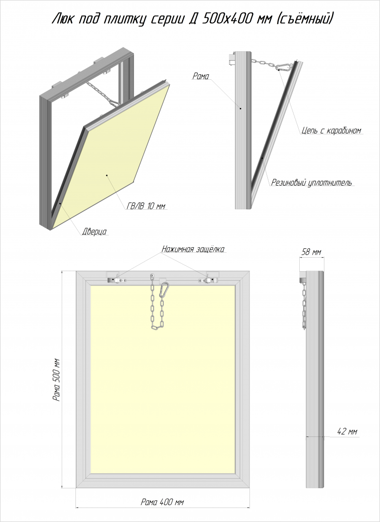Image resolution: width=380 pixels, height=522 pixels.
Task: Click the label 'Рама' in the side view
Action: [x=201, y=76]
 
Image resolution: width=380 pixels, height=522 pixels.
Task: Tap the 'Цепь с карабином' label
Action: [x=331, y=130]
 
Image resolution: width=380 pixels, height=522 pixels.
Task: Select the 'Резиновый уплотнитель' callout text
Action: [x=311, y=182]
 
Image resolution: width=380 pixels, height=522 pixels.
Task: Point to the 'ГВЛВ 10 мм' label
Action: [x=146, y=206]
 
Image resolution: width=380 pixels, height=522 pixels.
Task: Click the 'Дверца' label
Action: [x=94, y=232]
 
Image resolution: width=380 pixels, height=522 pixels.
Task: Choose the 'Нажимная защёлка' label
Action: [x=193, y=249]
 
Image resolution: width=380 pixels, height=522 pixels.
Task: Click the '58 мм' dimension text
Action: [x=311, y=252]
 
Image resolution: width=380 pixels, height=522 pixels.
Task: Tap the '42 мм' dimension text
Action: [x=347, y=432]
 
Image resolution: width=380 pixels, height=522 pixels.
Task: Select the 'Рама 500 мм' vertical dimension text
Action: [x=57, y=379]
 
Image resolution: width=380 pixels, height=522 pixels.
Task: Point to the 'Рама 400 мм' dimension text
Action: [x=162, y=502]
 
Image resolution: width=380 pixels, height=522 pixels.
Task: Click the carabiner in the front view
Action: [x=164, y=289]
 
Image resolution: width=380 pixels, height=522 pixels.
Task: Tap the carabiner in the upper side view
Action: [x=285, y=67]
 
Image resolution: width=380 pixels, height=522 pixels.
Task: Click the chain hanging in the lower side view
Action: [x=304, y=306]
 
